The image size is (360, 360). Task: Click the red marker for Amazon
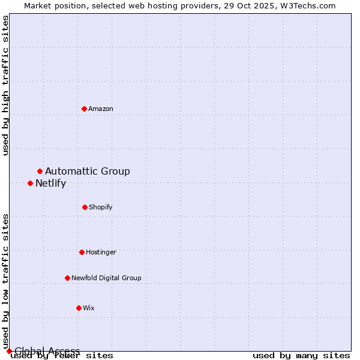[84, 109]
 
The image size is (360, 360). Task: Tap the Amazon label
[101, 109]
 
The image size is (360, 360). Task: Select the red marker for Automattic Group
[40, 171]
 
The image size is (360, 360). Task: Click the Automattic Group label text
[88, 172]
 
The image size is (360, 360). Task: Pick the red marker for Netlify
[30, 183]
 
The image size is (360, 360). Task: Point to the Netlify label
[50, 184]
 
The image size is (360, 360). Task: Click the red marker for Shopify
[85, 207]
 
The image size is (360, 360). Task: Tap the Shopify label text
[101, 208]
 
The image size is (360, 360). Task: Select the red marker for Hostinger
[82, 252]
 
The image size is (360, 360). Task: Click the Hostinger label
[101, 253]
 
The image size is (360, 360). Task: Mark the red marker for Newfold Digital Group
[67, 278]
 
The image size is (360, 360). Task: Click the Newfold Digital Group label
[106, 278]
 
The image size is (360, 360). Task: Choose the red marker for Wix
[79, 308]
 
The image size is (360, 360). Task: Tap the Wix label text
[89, 308]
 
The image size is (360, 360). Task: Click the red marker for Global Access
[9, 351]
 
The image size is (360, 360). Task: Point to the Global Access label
[47, 351]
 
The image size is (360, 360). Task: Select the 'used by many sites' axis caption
[301, 356]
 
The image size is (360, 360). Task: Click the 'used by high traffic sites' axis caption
[6, 86]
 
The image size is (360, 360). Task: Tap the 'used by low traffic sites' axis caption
[6, 281]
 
